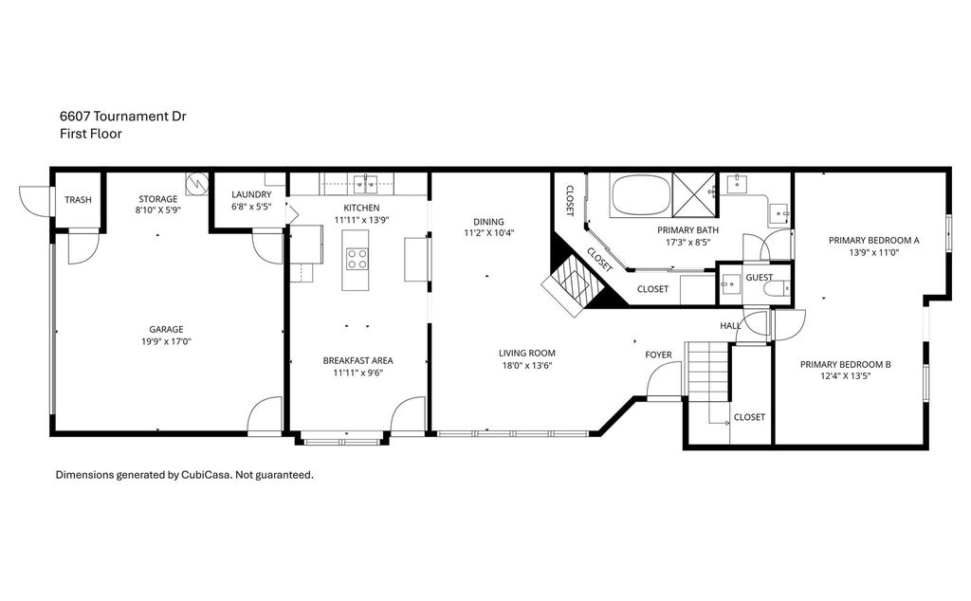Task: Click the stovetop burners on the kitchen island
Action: [x=357, y=259]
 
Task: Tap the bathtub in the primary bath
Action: [x=640, y=195]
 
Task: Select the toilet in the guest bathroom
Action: [x=776, y=288]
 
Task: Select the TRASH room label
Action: [x=78, y=200]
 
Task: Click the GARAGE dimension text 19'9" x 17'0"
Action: [x=166, y=341]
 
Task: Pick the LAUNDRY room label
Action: [x=251, y=194]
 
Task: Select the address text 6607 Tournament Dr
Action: [x=123, y=117]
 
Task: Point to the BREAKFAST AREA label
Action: [x=357, y=360]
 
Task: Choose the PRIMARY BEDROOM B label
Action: [x=845, y=364]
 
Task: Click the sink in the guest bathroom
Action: [x=730, y=284]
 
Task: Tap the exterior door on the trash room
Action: [x=34, y=200]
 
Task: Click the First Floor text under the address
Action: [x=90, y=134]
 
